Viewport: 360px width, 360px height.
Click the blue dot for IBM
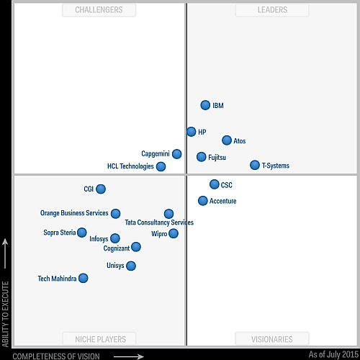click(x=205, y=105)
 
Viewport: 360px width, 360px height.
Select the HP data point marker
click(x=191, y=132)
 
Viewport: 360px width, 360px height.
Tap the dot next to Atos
click(x=227, y=140)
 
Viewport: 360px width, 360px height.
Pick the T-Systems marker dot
click(x=255, y=165)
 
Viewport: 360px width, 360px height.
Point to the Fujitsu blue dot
click(x=202, y=157)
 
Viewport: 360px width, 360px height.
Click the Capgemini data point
click(x=177, y=153)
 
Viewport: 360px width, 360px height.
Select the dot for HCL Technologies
click(x=161, y=166)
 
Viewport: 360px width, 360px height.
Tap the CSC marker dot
click(x=215, y=184)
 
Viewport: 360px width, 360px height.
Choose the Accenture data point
click(x=203, y=201)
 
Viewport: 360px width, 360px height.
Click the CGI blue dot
click(x=101, y=189)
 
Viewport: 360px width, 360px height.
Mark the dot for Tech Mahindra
click(x=84, y=278)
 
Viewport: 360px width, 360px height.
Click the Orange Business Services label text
click(x=74, y=213)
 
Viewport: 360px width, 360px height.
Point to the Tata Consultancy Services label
click(x=159, y=223)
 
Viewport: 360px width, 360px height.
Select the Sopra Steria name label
click(x=59, y=233)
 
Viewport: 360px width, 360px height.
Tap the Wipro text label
click(x=159, y=234)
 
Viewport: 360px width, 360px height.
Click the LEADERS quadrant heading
click(x=272, y=10)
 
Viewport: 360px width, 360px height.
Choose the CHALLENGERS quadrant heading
click(x=99, y=10)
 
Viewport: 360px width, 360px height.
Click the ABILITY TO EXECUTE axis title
click(x=6, y=296)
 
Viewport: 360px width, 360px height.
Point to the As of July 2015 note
click(x=333, y=355)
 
